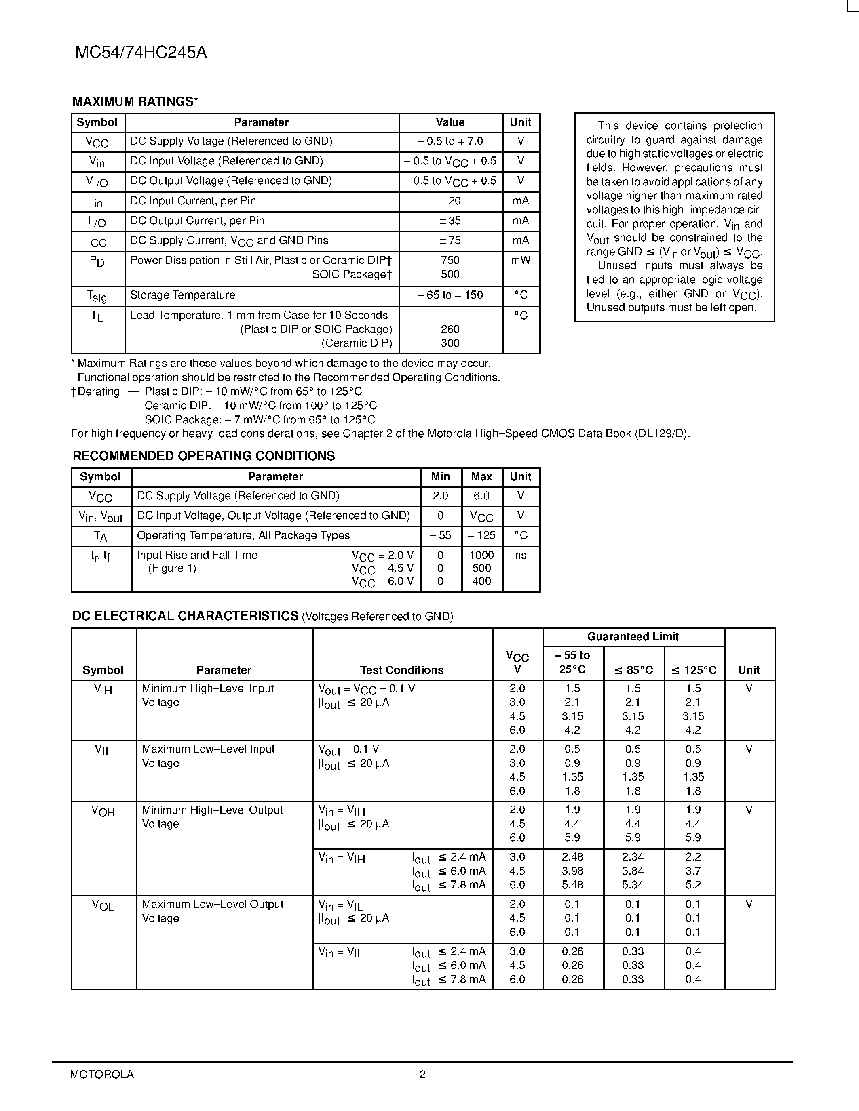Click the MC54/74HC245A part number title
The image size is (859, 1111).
pos(141,53)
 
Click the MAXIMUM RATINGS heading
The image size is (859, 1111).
pos(135,102)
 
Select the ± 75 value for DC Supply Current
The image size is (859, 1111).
pos(450,240)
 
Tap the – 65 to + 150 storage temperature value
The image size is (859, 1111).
pos(450,295)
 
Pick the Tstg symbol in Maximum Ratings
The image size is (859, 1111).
pos(97,296)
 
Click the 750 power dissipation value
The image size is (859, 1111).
pos(450,261)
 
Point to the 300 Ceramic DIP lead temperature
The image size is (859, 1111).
pos(450,343)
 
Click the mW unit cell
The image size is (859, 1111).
pos(521,261)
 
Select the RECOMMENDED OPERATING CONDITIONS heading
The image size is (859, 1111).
pos(204,456)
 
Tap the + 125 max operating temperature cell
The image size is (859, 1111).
pos(481,535)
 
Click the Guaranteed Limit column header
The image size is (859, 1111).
pos(633,636)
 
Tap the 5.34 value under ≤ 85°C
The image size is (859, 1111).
pos(633,885)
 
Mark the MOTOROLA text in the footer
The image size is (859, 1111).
pos(102,1074)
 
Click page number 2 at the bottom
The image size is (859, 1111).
pos(422,1074)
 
